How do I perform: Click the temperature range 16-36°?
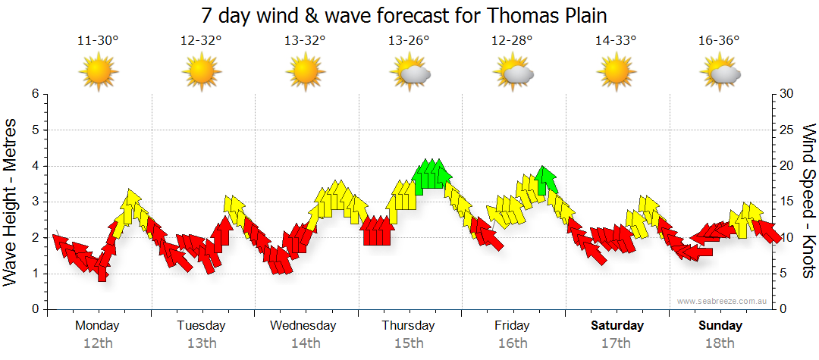click(x=719, y=41)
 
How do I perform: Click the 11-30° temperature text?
click(x=98, y=41)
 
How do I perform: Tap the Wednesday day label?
click(x=303, y=326)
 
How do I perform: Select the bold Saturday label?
click(x=617, y=326)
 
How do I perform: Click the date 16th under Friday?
click(x=513, y=343)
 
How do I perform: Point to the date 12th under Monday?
click(x=98, y=343)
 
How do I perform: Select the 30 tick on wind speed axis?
click(x=787, y=94)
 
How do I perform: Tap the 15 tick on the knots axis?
click(x=787, y=202)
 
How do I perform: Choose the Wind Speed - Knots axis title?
click(x=808, y=201)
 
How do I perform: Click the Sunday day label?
click(x=720, y=326)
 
